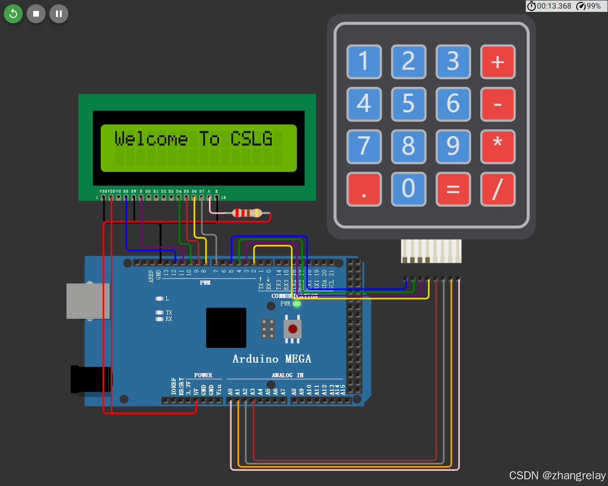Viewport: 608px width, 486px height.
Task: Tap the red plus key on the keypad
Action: click(x=497, y=62)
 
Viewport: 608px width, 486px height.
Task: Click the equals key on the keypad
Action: click(x=453, y=189)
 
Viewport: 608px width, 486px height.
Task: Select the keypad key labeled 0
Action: click(x=408, y=189)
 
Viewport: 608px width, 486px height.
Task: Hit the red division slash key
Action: click(x=497, y=189)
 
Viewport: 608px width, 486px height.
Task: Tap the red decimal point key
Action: click(x=364, y=189)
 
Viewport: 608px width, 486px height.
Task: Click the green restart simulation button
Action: click(x=13, y=14)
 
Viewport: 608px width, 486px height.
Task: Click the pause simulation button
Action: click(x=59, y=14)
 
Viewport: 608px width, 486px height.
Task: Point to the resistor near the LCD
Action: click(x=247, y=213)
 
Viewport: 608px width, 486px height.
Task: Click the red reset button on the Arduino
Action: click(x=293, y=328)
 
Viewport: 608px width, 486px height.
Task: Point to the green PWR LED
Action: click(x=297, y=304)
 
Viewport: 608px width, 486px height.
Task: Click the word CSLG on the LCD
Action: click(x=251, y=139)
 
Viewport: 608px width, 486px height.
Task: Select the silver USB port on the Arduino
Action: click(x=87, y=301)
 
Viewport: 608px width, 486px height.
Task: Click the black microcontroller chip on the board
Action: click(x=226, y=327)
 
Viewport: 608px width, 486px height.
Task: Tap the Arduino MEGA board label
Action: click(x=272, y=359)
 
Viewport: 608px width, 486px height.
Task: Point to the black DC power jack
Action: click(x=91, y=379)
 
